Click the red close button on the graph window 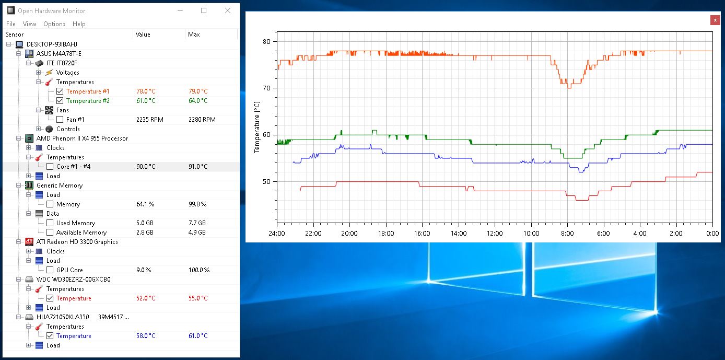click(715, 20)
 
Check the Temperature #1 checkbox click(60, 91)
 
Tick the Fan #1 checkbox click(60, 120)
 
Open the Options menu click(54, 24)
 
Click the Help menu click(79, 24)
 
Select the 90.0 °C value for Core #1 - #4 click(145, 167)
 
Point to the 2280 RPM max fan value click(202, 120)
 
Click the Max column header click(194, 34)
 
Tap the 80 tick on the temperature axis click(266, 41)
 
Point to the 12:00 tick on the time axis click(494, 233)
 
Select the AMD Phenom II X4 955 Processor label click(82, 138)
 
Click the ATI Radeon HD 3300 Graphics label click(77, 242)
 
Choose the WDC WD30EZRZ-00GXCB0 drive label click(73, 280)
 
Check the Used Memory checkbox click(50, 223)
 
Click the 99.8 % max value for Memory click(197, 204)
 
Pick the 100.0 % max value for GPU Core click(198, 270)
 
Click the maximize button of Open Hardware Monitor click(204, 10)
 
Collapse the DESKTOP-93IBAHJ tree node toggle click(9, 44)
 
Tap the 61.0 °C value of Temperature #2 click(145, 101)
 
